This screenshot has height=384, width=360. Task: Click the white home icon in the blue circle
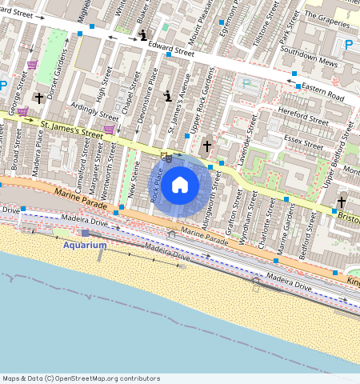coord(180,186)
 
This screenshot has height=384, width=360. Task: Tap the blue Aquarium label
coord(85,245)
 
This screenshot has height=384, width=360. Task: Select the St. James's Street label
coord(72,130)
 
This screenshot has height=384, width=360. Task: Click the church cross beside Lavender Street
coord(207,146)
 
